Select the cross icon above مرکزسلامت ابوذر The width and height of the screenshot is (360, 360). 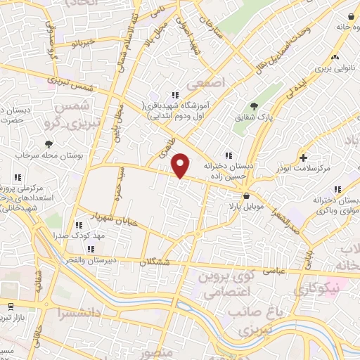pos(304,157)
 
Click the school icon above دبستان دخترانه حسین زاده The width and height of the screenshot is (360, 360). pos(227,155)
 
